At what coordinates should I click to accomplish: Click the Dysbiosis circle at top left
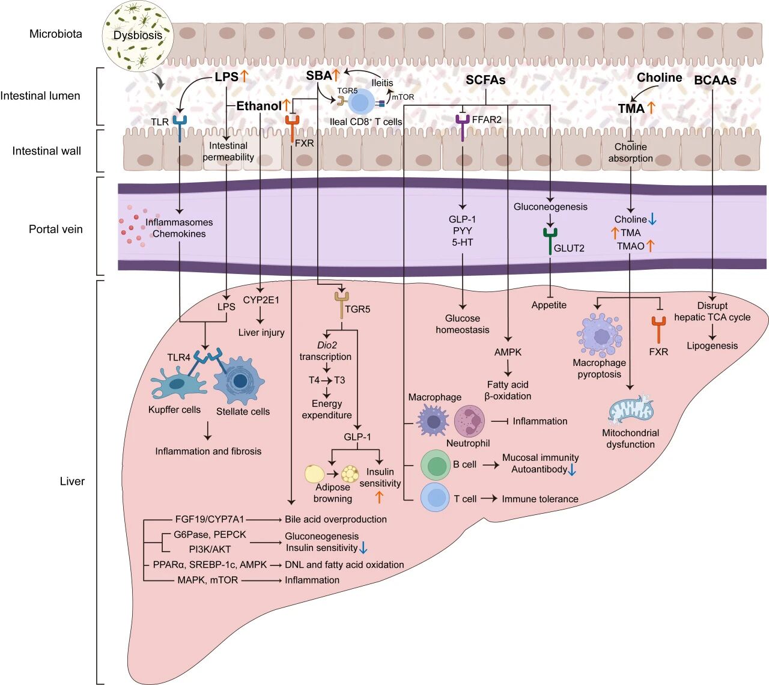click(x=138, y=35)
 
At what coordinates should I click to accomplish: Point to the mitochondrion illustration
click(x=630, y=410)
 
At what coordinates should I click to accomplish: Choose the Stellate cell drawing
click(x=240, y=382)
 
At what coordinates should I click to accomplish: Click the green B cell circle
click(x=435, y=465)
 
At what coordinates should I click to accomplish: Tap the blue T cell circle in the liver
click(x=435, y=498)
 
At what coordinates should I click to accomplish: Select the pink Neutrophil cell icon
click(x=469, y=421)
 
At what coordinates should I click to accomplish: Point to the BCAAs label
click(x=715, y=80)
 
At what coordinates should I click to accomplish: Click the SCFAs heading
click(x=485, y=80)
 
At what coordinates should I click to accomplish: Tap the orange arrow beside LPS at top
click(x=245, y=76)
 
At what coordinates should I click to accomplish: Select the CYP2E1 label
click(x=261, y=300)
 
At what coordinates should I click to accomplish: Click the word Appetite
click(x=549, y=305)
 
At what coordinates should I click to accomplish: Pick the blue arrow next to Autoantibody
click(x=572, y=470)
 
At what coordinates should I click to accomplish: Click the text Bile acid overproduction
click(x=336, y=519)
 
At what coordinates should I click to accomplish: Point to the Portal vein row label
click(x=56, y=229)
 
